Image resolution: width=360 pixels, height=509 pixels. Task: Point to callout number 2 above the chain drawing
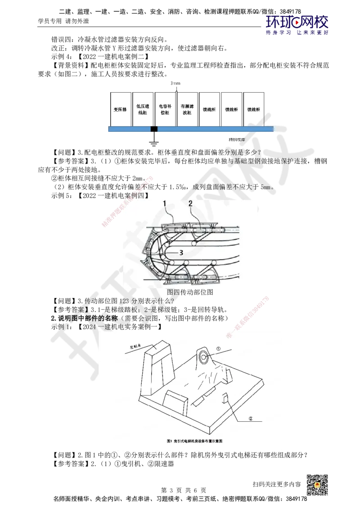[190, 204]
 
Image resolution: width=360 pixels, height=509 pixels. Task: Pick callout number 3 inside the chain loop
[180, 253]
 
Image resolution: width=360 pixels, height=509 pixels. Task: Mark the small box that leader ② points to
[226, 397]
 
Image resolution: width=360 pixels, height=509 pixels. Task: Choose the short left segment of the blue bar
[129, 129]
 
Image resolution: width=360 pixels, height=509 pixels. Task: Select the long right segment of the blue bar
[215, 129]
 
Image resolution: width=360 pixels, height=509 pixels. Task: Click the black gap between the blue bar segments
[154, 129]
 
